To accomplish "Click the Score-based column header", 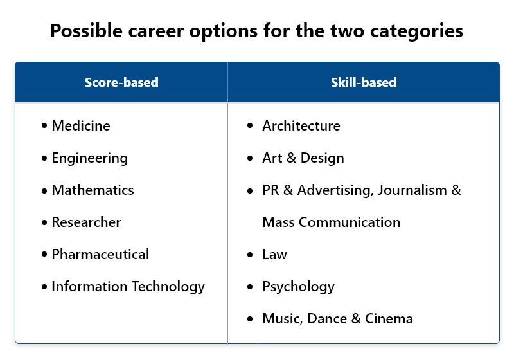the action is (x=121, y=82).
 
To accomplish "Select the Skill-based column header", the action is (x=364, y=82).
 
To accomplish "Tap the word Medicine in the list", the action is (x=81, y=125).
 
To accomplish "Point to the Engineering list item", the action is (x=89, y=158).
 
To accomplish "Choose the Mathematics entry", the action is (x=93, y=190).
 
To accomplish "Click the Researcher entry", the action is (x=86, y=222).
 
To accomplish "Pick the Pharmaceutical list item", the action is (x=100, y=254).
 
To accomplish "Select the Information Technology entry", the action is (x=128, y=287).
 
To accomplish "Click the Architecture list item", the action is (x=301, y=125).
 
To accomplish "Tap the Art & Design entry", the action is (x=303, y=158).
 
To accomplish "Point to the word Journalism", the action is (x=412, y=190).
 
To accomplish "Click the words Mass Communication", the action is (x=332, y=222).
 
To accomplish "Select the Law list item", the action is (x=275, y=254).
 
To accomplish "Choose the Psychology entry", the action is (x=299, y=287).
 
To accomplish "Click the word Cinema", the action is (x=389, y=318).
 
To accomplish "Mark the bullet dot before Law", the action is (x=250, y=255).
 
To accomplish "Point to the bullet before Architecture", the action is (x=250, y=125).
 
